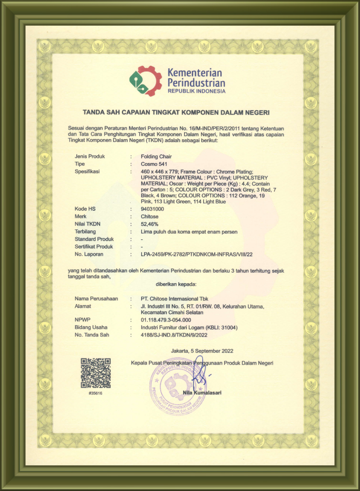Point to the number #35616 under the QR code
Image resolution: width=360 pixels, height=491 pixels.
point(95,394)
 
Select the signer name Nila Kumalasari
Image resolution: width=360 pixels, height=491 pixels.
point(202,393)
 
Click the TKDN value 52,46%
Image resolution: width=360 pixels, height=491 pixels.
point(150,224)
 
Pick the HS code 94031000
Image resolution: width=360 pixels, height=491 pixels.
point(153,209)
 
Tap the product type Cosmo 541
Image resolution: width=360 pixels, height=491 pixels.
point(154,164)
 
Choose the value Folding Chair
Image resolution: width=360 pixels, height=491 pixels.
point(156,156)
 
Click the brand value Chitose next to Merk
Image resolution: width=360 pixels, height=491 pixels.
point(150,216)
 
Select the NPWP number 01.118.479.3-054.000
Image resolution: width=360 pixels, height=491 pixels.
point(166,320)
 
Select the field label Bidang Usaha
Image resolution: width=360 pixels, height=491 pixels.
point(91,327)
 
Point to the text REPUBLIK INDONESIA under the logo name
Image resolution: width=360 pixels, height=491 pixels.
point(196,91)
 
